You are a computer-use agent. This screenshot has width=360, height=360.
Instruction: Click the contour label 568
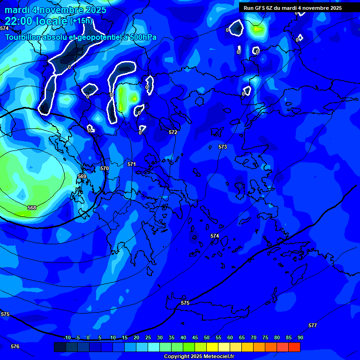point(32,208)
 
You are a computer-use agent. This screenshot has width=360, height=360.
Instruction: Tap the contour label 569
point(82,177)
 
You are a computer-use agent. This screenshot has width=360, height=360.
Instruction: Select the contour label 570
point(105,168)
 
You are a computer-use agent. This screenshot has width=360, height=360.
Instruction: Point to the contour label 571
point(132,165)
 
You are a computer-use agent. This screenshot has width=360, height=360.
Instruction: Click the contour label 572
point(173,133)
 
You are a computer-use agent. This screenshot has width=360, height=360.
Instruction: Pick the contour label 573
point(223,147)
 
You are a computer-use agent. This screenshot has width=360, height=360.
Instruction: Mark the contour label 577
point(313,325)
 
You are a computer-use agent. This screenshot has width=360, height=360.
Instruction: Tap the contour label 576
point(15,346)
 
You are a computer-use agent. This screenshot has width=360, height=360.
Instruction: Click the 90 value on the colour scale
point(300,338)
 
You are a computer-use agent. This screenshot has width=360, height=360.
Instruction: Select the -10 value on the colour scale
point(67,338)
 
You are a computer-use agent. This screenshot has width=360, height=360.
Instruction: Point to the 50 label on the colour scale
point(206,338)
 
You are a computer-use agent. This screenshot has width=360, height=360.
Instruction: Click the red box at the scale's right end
point(294,347)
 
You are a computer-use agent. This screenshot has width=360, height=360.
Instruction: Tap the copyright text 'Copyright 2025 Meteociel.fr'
point(199,357)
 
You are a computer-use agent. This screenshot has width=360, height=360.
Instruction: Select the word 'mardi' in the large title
point(18,10)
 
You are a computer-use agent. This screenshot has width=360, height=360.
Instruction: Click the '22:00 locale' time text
point(36,21)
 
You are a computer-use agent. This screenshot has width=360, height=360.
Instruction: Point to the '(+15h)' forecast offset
point(81,21)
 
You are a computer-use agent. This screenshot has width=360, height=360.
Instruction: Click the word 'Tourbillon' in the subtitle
point(23,37)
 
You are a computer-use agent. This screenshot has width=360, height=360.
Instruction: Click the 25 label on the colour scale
point(148,338)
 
